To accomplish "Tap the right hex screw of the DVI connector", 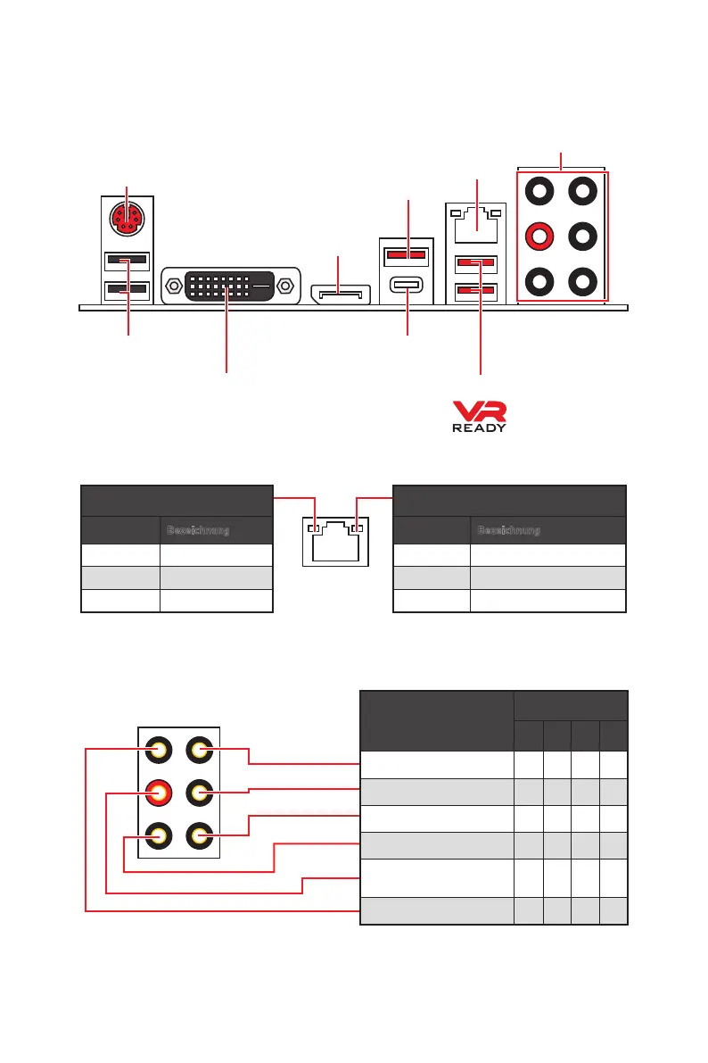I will coord(286,287).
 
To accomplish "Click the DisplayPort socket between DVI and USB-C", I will coord(340,293).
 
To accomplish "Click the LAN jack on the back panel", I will coord(475,224).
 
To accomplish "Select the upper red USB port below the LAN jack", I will coord(475,264).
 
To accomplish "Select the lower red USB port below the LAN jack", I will coord(475,290).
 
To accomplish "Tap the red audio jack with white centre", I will coord(539,237).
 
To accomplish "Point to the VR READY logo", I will coord(479,416).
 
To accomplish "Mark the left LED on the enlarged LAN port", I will coord(312,528).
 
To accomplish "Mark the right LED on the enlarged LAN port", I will coord(357,528).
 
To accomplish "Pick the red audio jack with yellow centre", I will coord(159,792).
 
